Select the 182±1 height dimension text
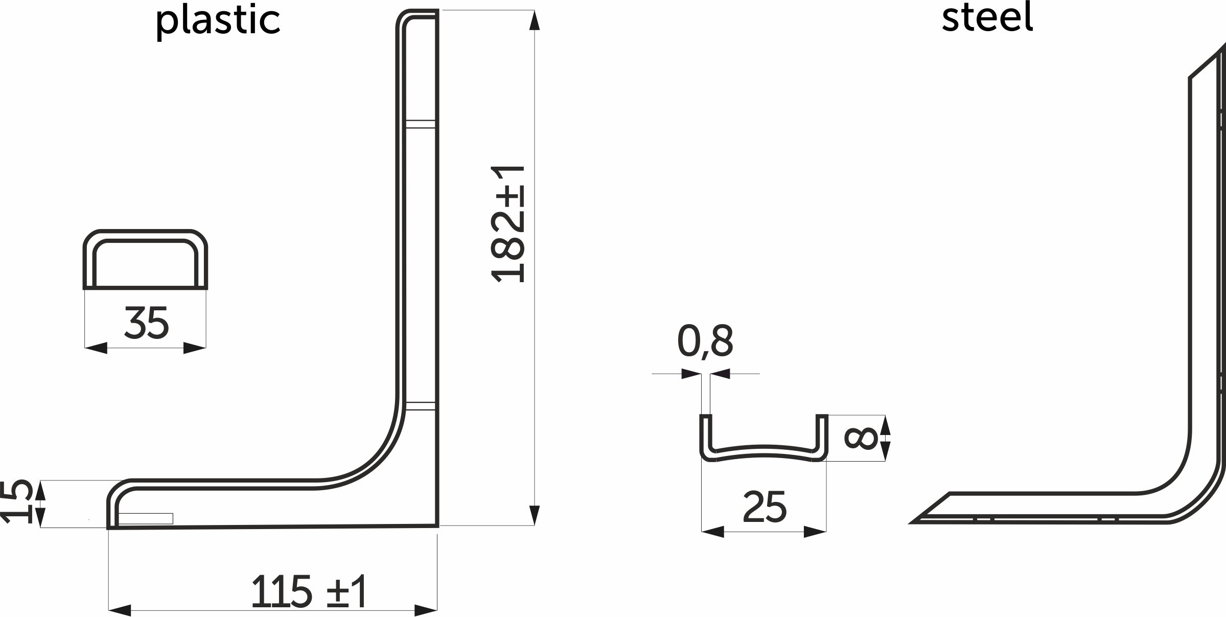coord(507,224)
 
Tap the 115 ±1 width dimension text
coord(309,591)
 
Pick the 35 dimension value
coord(146,323)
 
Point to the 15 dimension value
coord(15,502)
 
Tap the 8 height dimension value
coord(861,439)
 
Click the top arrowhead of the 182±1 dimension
coord(535,20)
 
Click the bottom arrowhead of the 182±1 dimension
coord(535,515)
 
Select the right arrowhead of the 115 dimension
coord(426,610)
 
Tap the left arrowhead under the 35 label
coord(96,348)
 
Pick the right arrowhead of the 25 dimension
coord(815,532)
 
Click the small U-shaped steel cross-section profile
coord(764,452)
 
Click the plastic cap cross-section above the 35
coord(146,260)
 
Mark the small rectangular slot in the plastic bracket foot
coord(146,518)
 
